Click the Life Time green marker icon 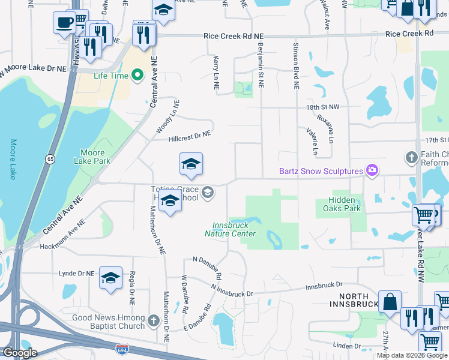(137, 76)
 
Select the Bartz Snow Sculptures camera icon (372, 171)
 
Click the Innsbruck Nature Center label (234, 230)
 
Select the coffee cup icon (63, 23)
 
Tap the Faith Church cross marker (411, 158)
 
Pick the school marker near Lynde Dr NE (110, 277)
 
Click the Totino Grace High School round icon (208, 192)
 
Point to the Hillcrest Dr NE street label (189, 137)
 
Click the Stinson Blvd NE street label (296, 66)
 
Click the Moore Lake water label (13, 160)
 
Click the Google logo (20, 353)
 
